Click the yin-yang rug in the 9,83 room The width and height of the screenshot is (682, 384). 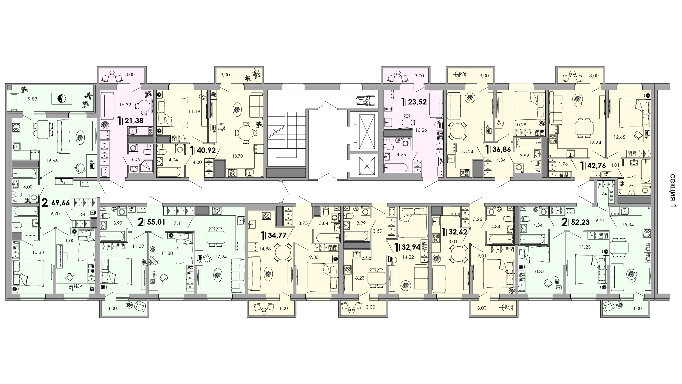coord(61,99)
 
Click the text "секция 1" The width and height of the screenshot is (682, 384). coord(673,191)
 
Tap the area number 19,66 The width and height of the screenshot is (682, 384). coord(52,160)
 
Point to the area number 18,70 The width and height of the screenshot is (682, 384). coord(237,156)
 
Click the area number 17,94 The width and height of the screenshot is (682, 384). coord(221,257)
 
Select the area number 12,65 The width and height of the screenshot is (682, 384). coord(620,137)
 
